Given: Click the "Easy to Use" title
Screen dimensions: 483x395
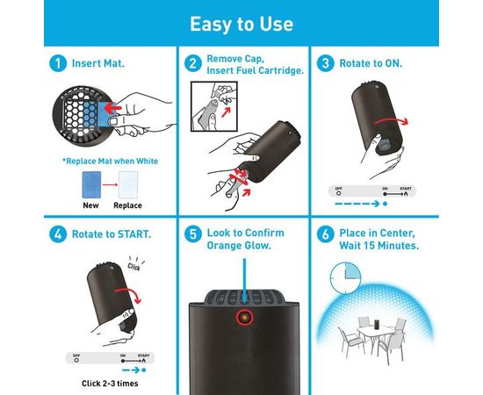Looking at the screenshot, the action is click(241, 24).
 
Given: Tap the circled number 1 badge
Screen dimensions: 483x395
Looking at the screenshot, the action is click(58, 63).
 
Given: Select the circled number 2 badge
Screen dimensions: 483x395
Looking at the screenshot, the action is click(193, 63).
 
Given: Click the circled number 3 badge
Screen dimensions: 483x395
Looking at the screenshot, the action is click(326, 63).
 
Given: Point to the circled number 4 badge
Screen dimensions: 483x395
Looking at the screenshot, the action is click(58, 234).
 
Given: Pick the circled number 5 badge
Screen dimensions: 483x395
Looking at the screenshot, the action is click(193, 234).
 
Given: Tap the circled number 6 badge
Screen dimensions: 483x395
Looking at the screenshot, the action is click(326, 234).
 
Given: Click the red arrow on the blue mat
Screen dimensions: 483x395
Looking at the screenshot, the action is click(112, 108).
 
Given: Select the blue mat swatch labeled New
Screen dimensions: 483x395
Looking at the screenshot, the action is click(91, 184).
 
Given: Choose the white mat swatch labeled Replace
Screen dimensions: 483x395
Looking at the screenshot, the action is click(128, 184).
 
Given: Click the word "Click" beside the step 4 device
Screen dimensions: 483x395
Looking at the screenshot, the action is click(134, 267).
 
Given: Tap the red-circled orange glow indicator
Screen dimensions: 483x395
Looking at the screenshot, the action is click(245, 317).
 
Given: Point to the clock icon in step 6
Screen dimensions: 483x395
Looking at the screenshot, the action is click(345, 278).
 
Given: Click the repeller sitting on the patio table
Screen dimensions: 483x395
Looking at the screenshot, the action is click(377, 324).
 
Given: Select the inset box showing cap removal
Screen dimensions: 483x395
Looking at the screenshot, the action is click(214, 106).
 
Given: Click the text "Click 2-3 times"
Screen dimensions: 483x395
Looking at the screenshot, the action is click(110, 384).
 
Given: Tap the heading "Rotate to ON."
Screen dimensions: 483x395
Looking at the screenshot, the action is click(371, 63).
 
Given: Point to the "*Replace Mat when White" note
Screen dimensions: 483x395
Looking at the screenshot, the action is click(111, 161).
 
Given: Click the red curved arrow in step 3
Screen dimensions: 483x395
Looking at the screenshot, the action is click(391, 120).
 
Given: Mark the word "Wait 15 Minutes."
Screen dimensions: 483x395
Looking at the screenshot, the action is click(379, 246).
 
